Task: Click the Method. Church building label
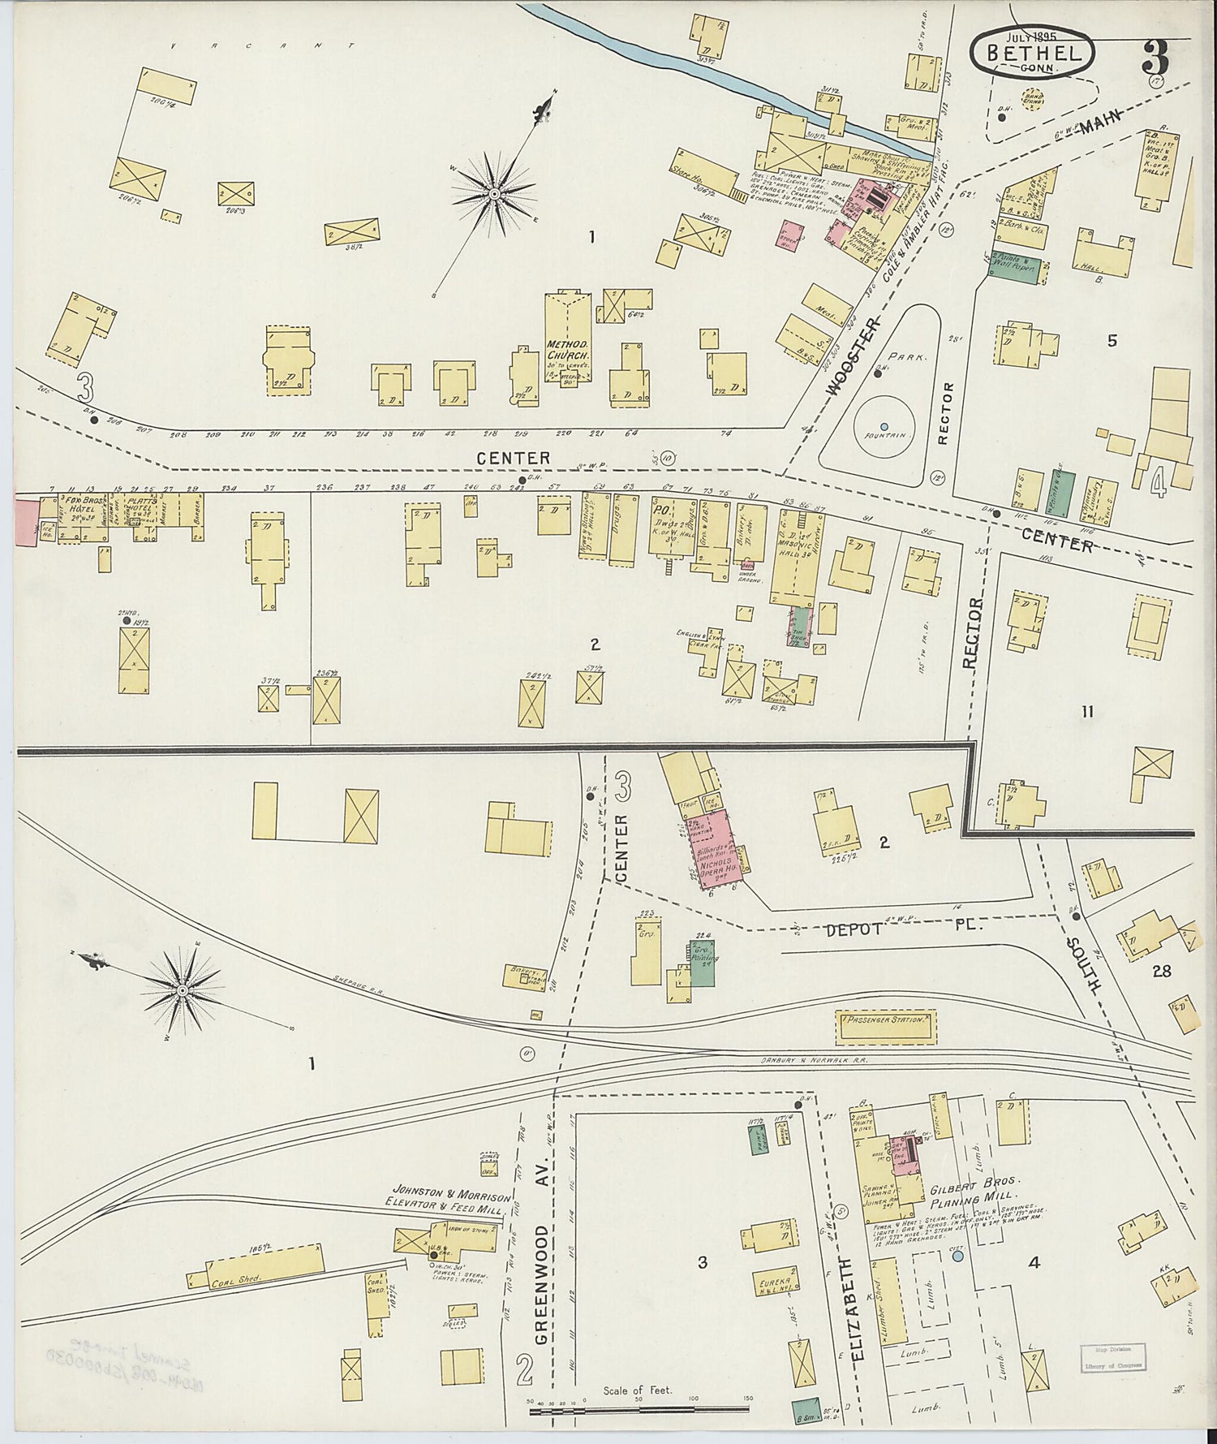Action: click(565, 350)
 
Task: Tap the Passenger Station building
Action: click(885, 1019)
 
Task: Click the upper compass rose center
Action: click(493, 194)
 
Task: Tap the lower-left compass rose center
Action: click(183, 990)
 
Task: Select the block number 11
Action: click(1087, 712)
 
